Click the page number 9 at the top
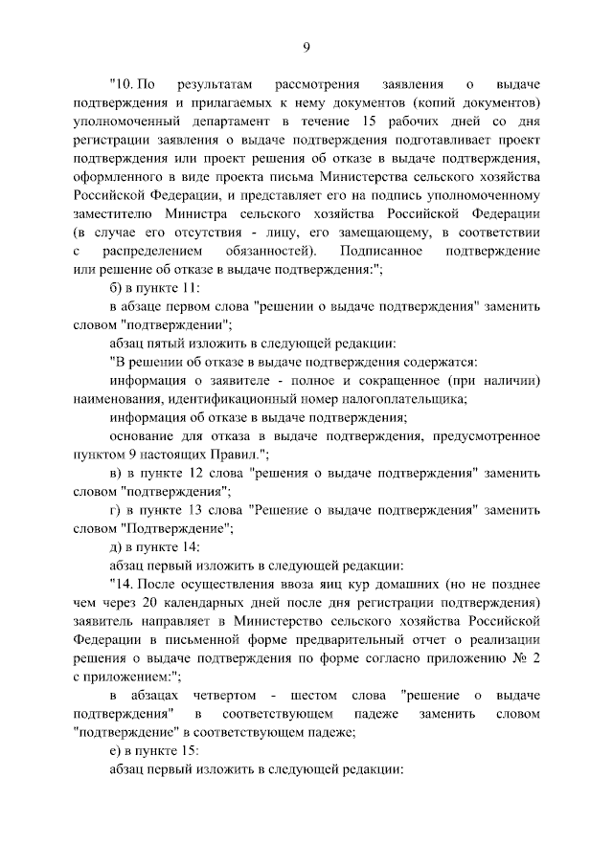pyautogui.click(x=306, y=47)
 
